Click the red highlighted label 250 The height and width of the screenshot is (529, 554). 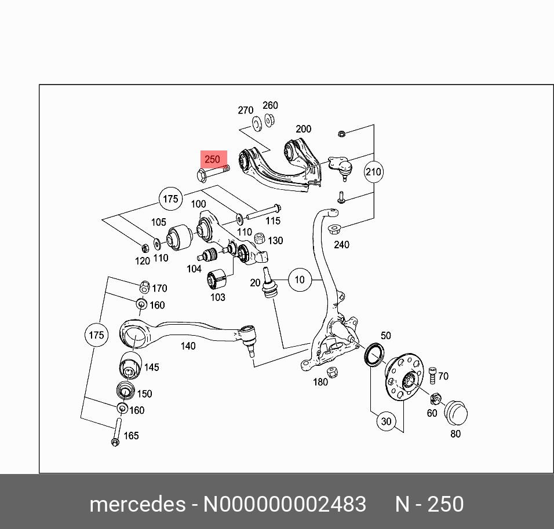click(212, 159)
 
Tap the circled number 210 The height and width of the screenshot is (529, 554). click(374, 172)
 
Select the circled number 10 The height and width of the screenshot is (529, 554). click(299, 280)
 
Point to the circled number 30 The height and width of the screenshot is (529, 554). click(386, 422)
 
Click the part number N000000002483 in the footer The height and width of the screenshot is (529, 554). click(284, 504)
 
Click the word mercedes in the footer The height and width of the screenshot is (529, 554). click(137, 504)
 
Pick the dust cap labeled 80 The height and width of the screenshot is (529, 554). click(455, 413)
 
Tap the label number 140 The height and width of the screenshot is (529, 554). click(188, 346)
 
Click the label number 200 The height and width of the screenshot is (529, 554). click(303, 129)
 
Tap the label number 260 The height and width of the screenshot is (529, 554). click(270, 105)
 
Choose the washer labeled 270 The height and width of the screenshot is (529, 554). click(256, 123)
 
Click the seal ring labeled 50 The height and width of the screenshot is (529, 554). click(374, 354)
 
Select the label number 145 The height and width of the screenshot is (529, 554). click(151, 368)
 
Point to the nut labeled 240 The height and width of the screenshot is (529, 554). click(334, 228)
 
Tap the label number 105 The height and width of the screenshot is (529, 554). click(159, 222)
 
